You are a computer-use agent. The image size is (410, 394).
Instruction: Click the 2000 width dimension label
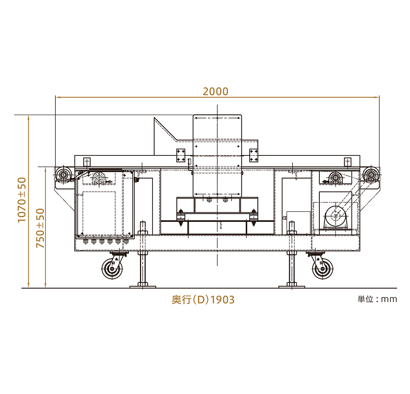coord(216,91)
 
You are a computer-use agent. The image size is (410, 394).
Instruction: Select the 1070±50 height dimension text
coord(22,200)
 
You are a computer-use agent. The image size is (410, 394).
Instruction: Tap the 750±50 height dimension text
coord(40,228)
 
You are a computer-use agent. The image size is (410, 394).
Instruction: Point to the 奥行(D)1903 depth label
coord(203,299)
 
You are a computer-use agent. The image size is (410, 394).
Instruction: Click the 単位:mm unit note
coord(377,299)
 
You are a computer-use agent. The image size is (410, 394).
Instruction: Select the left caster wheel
coord(112,269)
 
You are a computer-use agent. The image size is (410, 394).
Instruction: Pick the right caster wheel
coord(323,269)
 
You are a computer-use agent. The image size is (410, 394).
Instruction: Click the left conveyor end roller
coord(63,174)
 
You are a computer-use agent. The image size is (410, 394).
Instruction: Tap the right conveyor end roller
coord(371,174)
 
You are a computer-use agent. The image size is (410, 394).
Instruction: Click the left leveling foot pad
coord(143,287)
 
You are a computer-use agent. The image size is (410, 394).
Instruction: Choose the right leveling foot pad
coord(292,287)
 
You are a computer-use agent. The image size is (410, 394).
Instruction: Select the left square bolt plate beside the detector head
coord(180,155)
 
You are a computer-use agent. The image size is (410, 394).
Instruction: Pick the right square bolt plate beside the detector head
coord(254,155)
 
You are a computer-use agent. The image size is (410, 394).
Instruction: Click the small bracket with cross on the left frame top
coord(87,162)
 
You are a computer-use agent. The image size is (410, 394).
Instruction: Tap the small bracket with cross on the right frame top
coord(347,162)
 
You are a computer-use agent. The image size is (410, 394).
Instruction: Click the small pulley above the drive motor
coord(336,177)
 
